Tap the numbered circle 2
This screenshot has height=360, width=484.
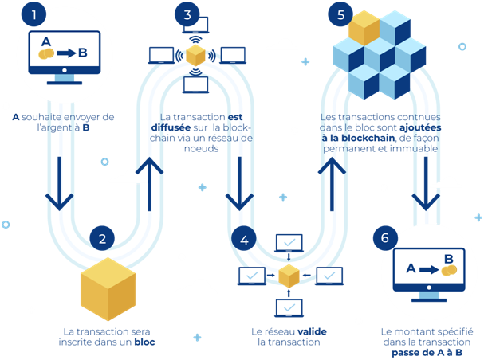103,237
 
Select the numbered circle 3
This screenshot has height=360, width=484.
187,14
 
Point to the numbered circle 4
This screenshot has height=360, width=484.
245,237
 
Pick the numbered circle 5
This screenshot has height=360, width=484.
341,14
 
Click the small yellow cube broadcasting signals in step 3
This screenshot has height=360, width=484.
195,56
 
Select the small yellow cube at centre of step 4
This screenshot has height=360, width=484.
288,276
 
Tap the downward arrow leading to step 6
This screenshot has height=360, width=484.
426,182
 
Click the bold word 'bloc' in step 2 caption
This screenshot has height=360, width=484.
144,342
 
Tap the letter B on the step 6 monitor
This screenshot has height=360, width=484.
448,259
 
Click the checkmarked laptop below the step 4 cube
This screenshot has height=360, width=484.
288,307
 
